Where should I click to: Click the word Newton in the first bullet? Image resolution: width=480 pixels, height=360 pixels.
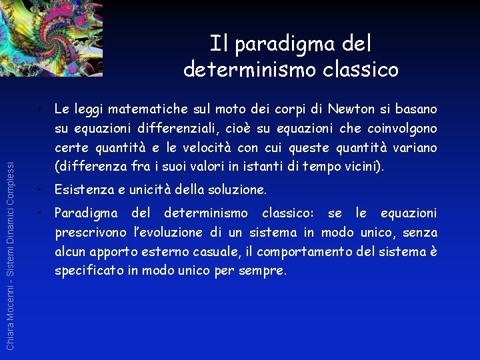[x=349, y=109]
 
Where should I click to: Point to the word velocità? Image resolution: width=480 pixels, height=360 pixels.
[x=247, y=147]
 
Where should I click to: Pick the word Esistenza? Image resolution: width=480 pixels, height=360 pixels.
[x=84, y=191]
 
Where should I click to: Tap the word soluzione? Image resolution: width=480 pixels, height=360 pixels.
[x=233, y=191]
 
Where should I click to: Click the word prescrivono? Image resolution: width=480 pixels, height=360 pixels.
[x=90, y=233]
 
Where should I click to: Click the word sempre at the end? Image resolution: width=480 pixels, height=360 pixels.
[x=263, y=271]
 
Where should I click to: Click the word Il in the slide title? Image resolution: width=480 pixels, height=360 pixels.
[x=218, y=44]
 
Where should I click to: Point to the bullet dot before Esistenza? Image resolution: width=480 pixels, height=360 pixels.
[x=41, y=191]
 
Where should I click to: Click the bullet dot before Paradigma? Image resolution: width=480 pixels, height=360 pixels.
[x=41, y=214]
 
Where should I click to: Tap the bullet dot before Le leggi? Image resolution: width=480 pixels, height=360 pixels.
[x=41, y=109]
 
